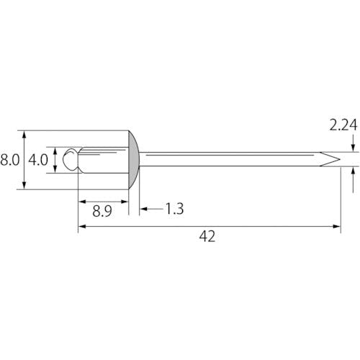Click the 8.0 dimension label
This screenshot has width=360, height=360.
point(10,160)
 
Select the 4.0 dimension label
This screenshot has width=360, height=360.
point(38,160)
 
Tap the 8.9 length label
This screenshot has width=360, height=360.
point(102,212)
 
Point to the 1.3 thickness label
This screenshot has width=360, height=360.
point(175,209)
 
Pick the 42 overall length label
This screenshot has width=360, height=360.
point(207,236)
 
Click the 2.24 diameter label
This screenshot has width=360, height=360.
point(343,125)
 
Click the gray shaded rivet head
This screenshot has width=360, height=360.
point(134,160)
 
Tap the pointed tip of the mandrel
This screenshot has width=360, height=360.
point(340,159)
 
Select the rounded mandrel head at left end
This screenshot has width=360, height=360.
point(70,159)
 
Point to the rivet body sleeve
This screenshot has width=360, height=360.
point(103,160)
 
